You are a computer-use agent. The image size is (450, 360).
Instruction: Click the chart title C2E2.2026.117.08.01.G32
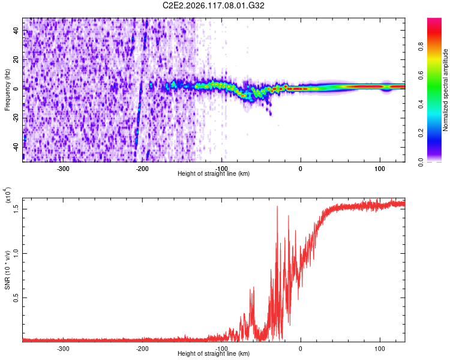pyautogui.click(x=214, y=5)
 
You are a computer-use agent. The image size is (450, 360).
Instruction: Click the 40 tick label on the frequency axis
pyautogui.click(x=16, y=30)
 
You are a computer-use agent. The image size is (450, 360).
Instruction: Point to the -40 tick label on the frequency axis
pyautogui.click(x=16, y=148)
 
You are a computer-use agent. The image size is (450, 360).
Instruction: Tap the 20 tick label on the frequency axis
pyautogui.click(x=16, y=59)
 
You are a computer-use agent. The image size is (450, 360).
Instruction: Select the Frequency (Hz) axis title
pyautogui.click(x=7, y=90)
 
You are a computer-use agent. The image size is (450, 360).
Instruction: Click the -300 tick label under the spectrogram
pyautogui.click(x=63, y=169)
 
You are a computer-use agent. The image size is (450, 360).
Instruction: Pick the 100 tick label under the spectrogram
pyautogui.click(x=380, y=169)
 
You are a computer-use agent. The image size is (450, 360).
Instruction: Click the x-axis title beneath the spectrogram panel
pyautogui.click(x=214, y=173)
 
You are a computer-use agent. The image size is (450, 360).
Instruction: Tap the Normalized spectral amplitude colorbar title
pyautogui.click(x=445, y=90)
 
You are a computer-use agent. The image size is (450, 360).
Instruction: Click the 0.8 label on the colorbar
pyautogui.click(x=421, y=46)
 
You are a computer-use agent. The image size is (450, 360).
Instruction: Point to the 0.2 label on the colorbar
pyautogui.click(x=421, y=133)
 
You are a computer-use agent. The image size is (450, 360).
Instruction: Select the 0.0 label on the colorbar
pyautogui.click(x=421, y=162)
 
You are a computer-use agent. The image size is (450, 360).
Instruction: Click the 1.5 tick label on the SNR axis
pyautogui.click(x=16, y=209)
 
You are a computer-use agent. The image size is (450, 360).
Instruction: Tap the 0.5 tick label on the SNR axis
pyautogui.click(x=16, y=298)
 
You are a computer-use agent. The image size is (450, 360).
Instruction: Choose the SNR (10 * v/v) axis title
pyautogui.click(x=7, y=270)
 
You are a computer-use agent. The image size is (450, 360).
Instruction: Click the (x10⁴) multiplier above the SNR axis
pyautogui.click(x=8, y=195)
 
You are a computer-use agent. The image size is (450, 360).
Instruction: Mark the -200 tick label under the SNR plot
pyautogui.click(x=142, y=349)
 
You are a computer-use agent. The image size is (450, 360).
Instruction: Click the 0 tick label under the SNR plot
pyautogui.click(x=301, y=349)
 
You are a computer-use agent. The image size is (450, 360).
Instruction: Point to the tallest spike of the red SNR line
pyautogui.click(x=277, y=206)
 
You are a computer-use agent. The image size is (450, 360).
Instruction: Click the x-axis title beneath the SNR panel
pyautogui.click(x=214, y=353)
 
